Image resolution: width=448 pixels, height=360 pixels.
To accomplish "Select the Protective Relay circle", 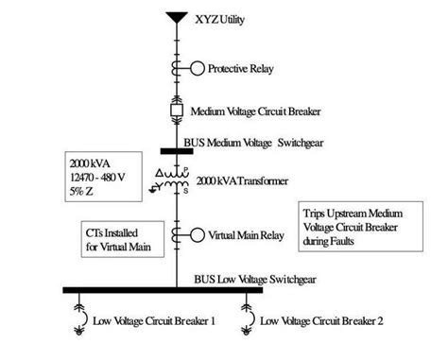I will tap(197, 68).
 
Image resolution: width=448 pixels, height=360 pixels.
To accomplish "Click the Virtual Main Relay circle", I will tap(197, 234).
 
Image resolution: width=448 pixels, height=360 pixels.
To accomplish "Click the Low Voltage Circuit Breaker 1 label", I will tap(154, 321).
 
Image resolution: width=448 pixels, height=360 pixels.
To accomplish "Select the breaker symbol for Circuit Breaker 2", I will tap(250, 317).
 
